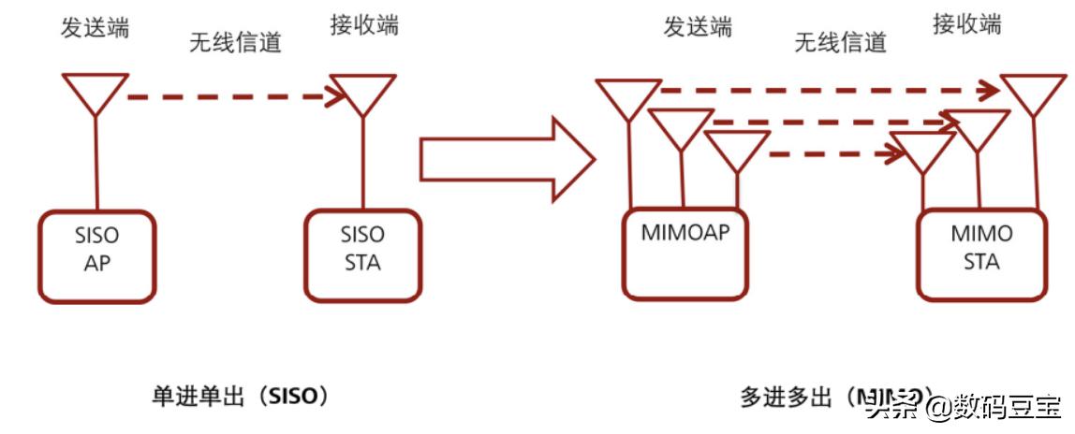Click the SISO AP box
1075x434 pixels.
pos(96,255)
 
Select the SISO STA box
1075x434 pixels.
pos(362,254)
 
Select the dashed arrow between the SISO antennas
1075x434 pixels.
pos(229,94)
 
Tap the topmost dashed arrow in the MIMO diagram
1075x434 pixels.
pos(824,91)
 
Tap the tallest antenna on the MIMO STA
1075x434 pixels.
pos(1035,94)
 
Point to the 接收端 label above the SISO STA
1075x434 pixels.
pos(364,25)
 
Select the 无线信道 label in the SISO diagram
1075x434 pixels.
pos(235,43)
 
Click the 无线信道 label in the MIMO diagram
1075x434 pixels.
pos(840,42)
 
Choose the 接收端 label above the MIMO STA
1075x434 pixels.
pos(966,24)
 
